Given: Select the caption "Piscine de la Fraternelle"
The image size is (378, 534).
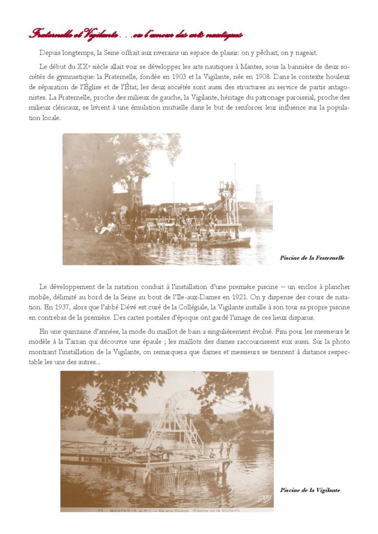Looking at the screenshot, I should [312, 258].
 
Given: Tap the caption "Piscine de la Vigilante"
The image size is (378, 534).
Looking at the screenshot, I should [310, 490].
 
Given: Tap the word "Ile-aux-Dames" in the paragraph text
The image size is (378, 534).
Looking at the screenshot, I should [206, 297].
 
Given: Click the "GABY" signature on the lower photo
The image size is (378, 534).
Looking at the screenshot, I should [265, 499].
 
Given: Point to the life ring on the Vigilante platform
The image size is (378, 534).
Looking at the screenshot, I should [160, 448].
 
